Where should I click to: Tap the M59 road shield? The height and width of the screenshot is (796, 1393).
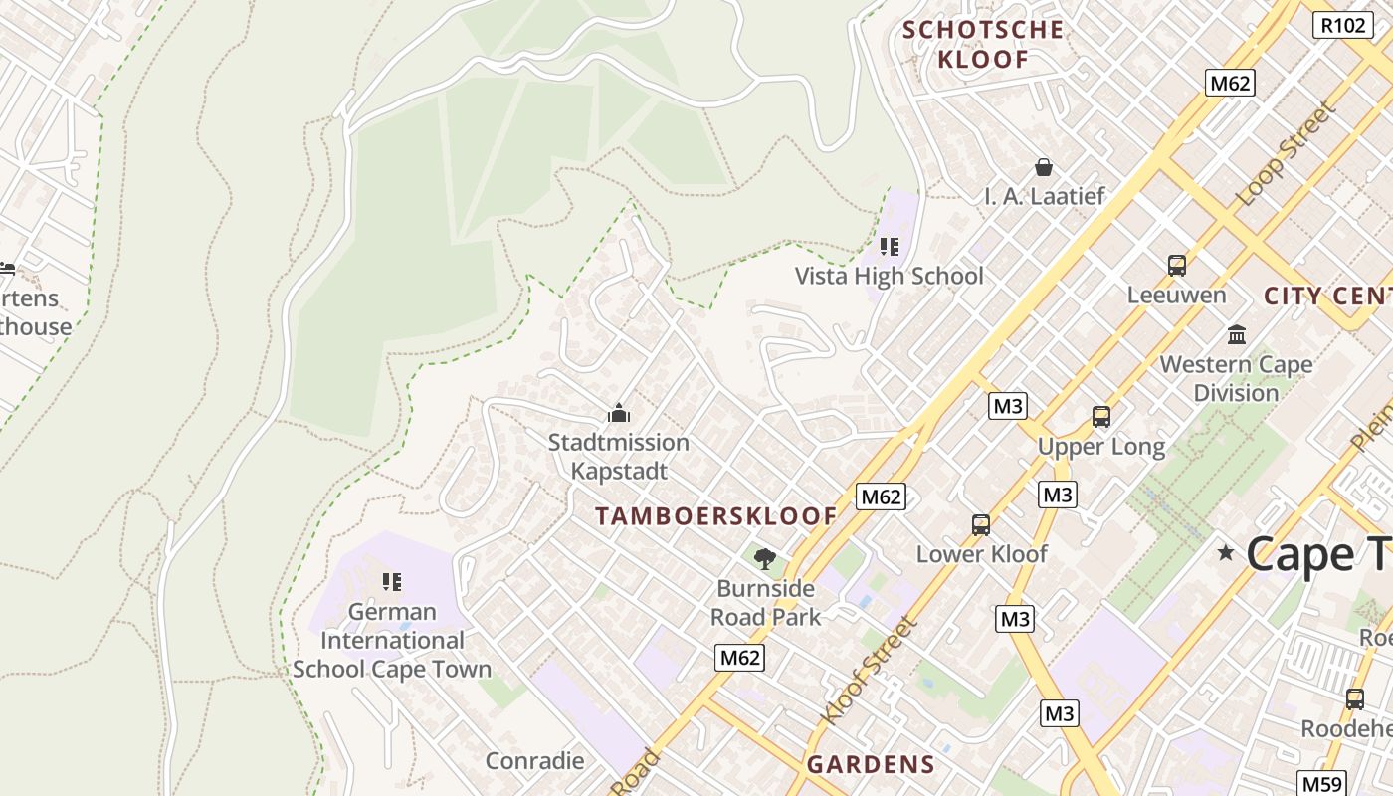[x=1321, y=784]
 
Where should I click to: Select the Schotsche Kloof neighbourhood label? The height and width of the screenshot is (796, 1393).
[x=983, y=44]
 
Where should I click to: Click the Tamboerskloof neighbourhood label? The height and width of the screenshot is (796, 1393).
[x=716, y=516]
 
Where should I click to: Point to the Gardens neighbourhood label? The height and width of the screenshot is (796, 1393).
[x=871, y=764]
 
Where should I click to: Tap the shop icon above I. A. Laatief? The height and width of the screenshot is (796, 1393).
[x=1044, y=167]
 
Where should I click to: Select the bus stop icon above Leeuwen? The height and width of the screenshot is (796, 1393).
[x=1177, y=266]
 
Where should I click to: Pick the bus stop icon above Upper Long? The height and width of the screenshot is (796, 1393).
[x=1101, y=417]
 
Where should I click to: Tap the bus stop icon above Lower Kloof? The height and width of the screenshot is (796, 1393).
[x=981, y=525]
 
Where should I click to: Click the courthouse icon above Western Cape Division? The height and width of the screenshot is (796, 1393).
[x=1237, y=334]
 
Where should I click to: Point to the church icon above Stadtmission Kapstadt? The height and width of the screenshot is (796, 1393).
[x=619, y=413]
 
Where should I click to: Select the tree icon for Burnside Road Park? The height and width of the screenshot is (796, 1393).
[x=764, y=559]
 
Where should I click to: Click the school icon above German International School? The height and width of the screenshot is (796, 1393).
[x=392, y=581]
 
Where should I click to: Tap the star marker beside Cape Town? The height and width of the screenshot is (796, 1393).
[x=1226, y=553]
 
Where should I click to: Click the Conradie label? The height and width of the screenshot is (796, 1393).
[x=534, y=761]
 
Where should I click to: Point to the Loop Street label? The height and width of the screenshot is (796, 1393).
[x=1283, y=155]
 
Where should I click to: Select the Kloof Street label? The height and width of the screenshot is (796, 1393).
[x=867, y=670]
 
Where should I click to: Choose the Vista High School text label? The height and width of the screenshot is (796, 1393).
[x=889, y=276]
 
